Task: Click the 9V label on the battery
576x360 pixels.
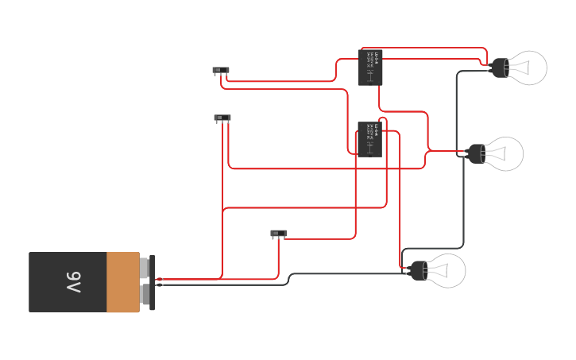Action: tap(73, 282)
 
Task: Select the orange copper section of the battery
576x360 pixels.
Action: tap(122, 282)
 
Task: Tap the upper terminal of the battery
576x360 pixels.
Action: tap(145, 268)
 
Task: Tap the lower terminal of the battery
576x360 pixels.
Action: tap(145, 295)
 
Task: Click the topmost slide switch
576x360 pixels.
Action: tap(221, 70)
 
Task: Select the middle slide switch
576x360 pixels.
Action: tap(222, 118)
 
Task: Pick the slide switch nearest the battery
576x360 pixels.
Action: tap(278, 233)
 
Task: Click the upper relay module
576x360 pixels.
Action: tap(370, 67)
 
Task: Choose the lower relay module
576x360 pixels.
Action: tap(369, 138)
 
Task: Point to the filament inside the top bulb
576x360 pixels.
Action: tap(520, 68)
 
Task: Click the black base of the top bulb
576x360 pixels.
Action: tap(499, 68)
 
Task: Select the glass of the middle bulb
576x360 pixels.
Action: tap(505, 153)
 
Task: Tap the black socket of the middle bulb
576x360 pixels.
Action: tap(476, 153)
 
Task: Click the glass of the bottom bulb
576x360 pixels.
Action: tap(447, 271)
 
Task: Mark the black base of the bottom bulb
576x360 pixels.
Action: tap(419, 271)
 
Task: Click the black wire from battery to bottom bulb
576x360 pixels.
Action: tap(350, 274)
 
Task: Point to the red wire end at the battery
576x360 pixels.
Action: tap(160, 279)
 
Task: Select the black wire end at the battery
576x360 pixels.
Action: tap(160, 285)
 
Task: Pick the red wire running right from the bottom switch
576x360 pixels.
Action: tap(318, 238)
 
